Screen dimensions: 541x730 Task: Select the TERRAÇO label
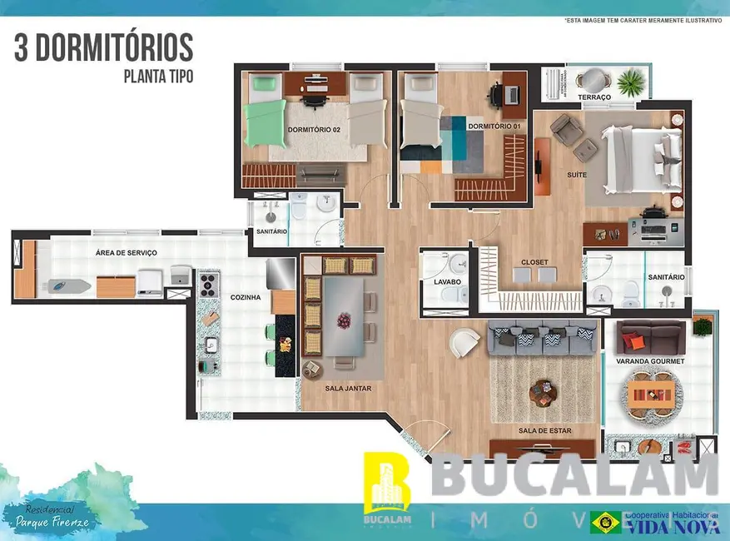pyautogui.click(x=594, y=97)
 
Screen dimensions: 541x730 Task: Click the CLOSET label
pyautogui.click(x=534, y=262)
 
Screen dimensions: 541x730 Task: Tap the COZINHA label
pyautogui.click(x=245, y=296)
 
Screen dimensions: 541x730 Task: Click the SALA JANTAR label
pyautogui.click(x=347, y=388)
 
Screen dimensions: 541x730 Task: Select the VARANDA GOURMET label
pyautogui.click(x=650, y=361)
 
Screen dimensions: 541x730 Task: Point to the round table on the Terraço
pyautogui.click(x=592, y=81)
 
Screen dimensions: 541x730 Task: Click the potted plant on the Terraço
pyautogui.click(x=632, y=82)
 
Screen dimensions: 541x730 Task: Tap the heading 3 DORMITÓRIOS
pyautogui.click(x=103, y=47)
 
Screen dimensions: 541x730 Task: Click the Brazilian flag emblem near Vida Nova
pyautogui.click(x=604, y=522)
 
